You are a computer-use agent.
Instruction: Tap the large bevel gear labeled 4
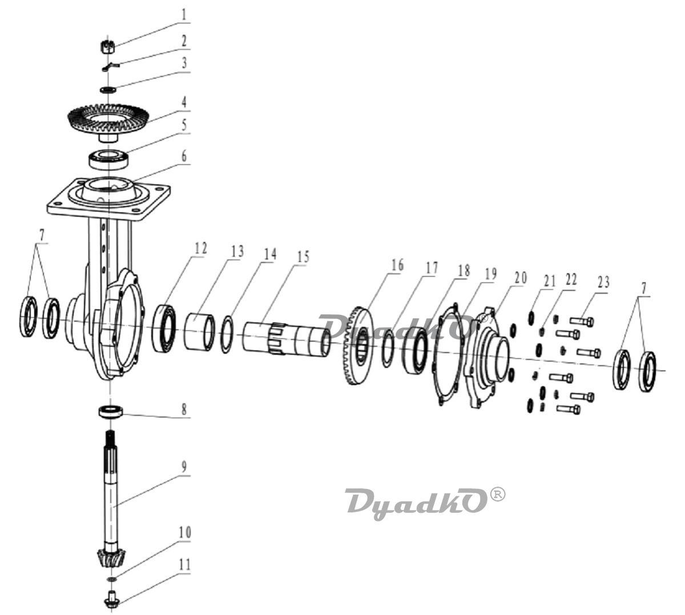(108, 118)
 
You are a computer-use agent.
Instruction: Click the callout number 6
(184, 156)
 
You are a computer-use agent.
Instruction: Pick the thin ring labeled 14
(225, 335)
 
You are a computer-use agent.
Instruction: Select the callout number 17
(432, 266)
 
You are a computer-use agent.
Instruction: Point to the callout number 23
(604, 281)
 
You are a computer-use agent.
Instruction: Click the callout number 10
(184, 532)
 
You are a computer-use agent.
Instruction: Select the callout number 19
(490, 274)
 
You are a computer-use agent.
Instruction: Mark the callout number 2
(184, 41)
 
